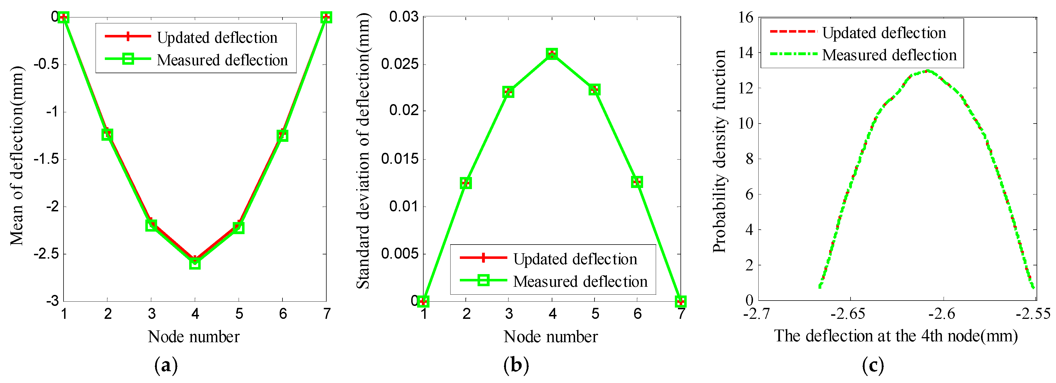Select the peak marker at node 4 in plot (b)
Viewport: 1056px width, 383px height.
point(552,54)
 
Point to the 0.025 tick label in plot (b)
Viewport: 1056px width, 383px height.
point(399,64)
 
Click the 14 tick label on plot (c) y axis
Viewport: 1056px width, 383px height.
point(746,53)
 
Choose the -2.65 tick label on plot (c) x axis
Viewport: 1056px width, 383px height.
point(848,314)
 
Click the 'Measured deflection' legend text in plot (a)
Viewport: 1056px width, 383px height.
point(222,60)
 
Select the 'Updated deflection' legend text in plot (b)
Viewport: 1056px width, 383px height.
point(575,259)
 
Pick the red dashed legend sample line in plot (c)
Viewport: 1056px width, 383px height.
point(793,32)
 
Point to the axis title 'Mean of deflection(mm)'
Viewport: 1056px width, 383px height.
point(17,156)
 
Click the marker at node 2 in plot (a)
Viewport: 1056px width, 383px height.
point(107,134)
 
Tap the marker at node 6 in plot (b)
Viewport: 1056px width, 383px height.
point(637,182)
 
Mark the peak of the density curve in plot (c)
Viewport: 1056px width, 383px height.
point(927,71)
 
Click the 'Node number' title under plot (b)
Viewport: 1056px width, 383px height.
point(551,337)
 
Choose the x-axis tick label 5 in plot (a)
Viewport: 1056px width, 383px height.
point(239,314)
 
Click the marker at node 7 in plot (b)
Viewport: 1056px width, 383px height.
point(680,302)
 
